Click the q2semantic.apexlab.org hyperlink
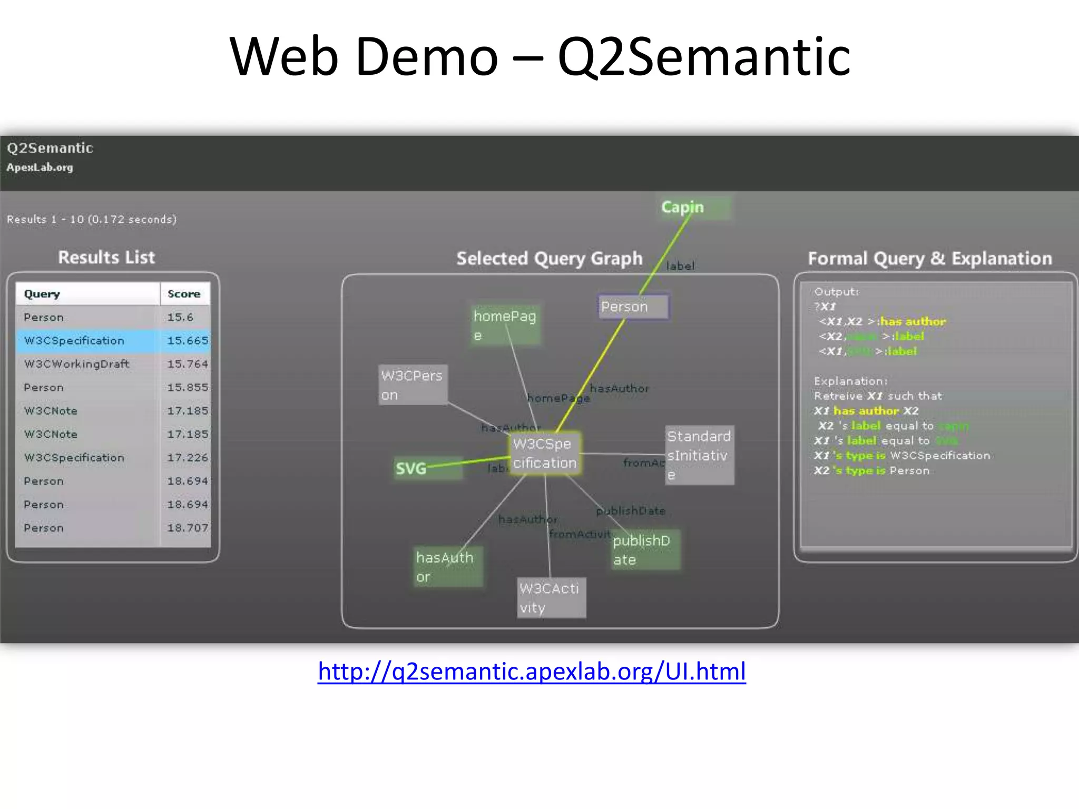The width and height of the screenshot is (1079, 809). point(532,672)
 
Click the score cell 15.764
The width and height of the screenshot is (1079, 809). point(187,364)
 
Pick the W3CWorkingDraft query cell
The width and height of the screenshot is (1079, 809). point(76,364)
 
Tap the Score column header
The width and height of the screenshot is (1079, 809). point(184,294)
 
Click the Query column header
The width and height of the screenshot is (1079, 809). point(42,294)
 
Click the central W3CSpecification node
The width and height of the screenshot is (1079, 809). point(545,453)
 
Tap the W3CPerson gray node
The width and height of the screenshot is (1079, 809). point(413,385)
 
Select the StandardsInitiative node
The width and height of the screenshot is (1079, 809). point(699,455)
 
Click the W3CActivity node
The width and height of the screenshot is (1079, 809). point(551,598)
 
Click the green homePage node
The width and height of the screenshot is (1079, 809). point(505,325)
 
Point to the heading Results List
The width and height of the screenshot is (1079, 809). point(106,258)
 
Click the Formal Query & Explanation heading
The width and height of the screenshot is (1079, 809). point(929,259)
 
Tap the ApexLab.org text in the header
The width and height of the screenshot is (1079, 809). point(40,167)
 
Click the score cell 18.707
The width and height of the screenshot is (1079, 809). point(187,528)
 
